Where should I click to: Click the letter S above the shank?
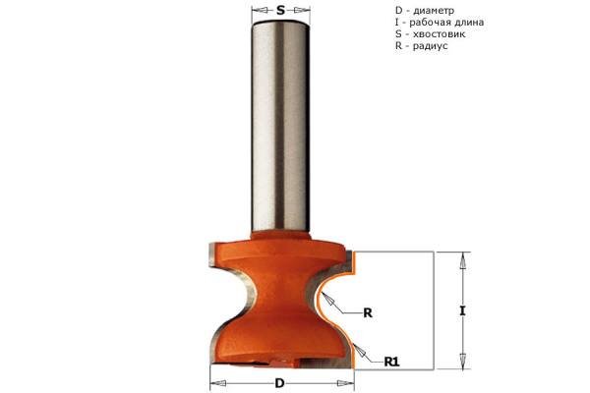coord(280,10)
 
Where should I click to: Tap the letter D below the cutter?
coord(279,383)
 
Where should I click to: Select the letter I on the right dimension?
coord(462,311)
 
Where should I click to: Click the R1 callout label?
coord(391,362)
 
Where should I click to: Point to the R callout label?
coord(368,312)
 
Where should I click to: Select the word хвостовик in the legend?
coord(440,33)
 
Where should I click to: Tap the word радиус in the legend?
coord(430,46)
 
